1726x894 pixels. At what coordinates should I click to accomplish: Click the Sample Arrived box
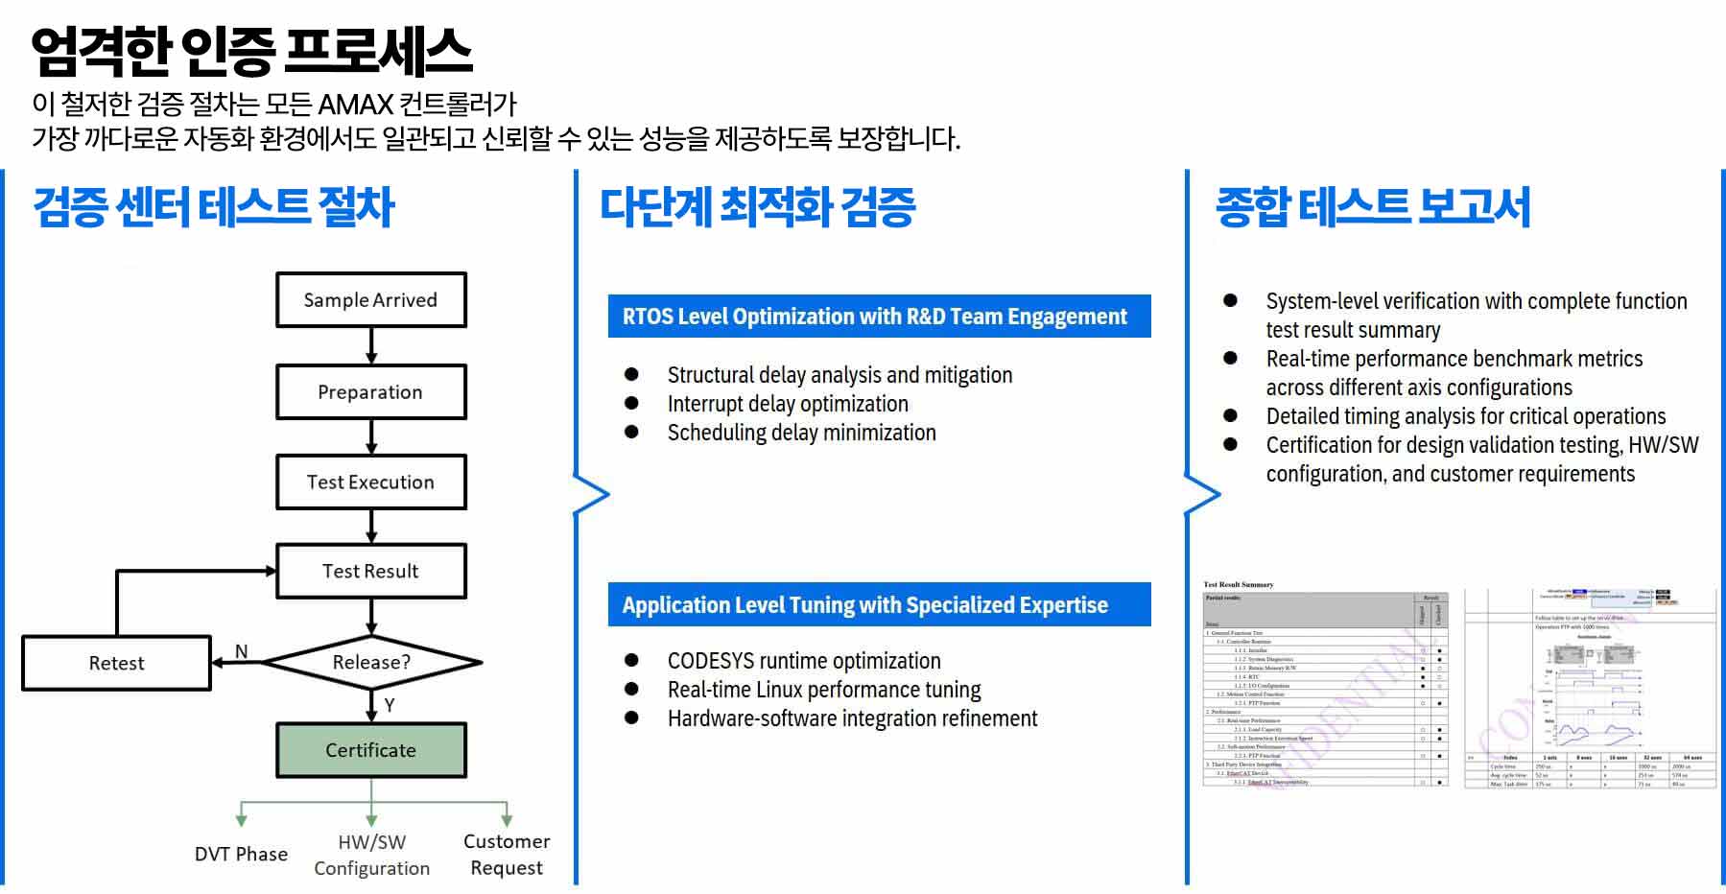pyautogui.click(x=370, y=300)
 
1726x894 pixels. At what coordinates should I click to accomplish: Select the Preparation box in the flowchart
pyautogui.click(x=370, y=391)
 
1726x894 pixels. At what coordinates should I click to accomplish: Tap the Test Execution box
pyautogui.click(x=370, y=482)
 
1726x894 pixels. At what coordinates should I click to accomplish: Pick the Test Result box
pyautogui.click(x=370, y=571)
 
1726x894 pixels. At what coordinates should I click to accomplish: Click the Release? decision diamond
pyautogui.click(x=371, y=662)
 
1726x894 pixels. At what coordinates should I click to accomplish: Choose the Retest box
pyautogui.click(x=116, y=663)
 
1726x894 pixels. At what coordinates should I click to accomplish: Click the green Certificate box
pyautogui.click(x=370, y=750)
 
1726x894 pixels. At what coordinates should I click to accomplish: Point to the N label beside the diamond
pyautogui.click(x=242, y=651)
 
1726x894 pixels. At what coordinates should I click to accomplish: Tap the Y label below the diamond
pyautogui.click(x=390, y=705)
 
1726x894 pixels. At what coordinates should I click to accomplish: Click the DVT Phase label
pyautogui.click(x=241, y=854)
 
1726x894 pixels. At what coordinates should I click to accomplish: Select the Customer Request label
pyautogui.click(x=507, y=854)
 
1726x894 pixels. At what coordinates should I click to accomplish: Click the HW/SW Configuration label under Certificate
pyautogui.click(x=371, y=855)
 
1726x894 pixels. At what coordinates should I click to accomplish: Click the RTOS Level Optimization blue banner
pyautogui.click(x=878, y=317)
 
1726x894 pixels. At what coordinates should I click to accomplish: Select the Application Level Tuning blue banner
pyautogui.click(x=878, y=605)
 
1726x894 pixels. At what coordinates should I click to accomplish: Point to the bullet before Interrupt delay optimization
pyautogui.click(x=631, y=404)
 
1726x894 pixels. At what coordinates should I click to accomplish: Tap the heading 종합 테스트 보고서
pyautogui.click(x=1372, y=207)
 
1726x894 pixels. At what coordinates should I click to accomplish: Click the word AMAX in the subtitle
pyautogui.click(x=355, y=104)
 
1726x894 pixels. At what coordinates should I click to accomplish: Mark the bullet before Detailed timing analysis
pyautogui.click(x=1230, y=416)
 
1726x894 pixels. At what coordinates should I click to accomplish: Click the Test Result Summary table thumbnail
pyautogui.click(x=1325, y=685)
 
